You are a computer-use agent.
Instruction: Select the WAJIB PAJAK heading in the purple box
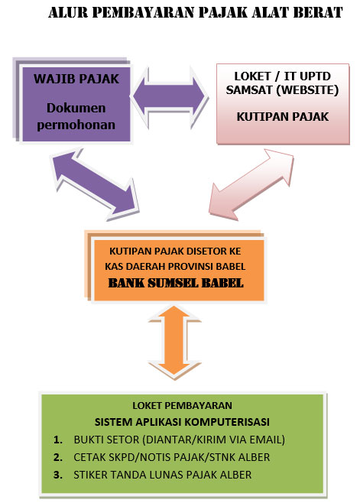pos(76,79)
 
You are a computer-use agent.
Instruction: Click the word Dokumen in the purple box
pos(76,108)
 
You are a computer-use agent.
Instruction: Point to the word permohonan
pos(76,125)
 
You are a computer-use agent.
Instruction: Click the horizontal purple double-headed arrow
pos(169,96)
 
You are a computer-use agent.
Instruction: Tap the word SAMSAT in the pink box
pos(249,90)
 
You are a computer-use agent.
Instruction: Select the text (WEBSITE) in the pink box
pos(307,90)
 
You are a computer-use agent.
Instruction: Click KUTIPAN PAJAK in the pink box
pos(283,117)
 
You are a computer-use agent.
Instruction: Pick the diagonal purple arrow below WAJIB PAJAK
pos(95,183)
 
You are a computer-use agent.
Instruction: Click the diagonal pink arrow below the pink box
pos(251,183)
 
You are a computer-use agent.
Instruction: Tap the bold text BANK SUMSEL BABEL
pos(176,283)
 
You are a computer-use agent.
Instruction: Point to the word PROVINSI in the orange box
pos(190,267)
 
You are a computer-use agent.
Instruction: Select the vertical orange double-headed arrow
pos(174,342)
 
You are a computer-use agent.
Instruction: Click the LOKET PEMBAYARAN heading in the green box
pos(182,405)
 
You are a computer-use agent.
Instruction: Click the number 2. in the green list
pos(58,457)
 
